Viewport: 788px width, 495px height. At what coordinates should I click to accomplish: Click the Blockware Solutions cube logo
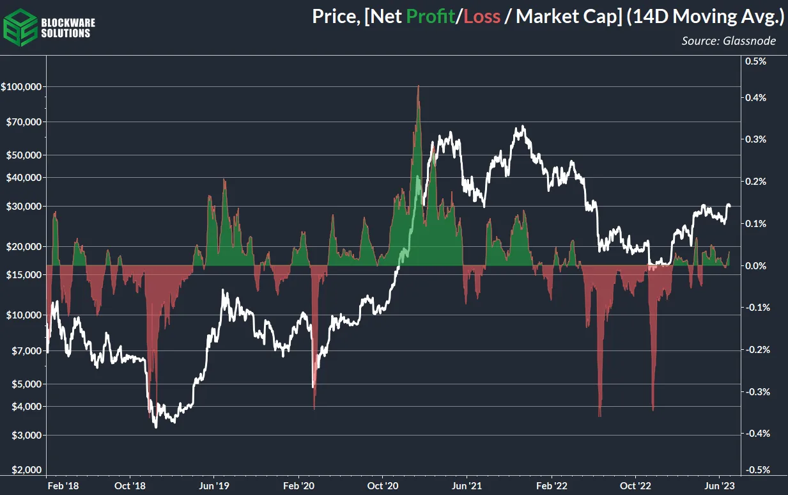coord(20,26)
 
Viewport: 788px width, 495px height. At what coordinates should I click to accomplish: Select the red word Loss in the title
coord(481,17)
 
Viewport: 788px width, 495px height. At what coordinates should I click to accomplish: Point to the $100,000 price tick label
coord(22,86)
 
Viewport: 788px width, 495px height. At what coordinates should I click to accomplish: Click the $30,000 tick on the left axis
coord(24,207)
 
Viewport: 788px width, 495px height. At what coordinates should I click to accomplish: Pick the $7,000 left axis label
coord(26,350)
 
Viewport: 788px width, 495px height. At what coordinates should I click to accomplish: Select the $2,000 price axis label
coord(26,470)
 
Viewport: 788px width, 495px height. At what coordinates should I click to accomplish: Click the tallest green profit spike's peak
coord(418,86)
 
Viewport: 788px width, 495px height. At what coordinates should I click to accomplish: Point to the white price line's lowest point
coord(156,427)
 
